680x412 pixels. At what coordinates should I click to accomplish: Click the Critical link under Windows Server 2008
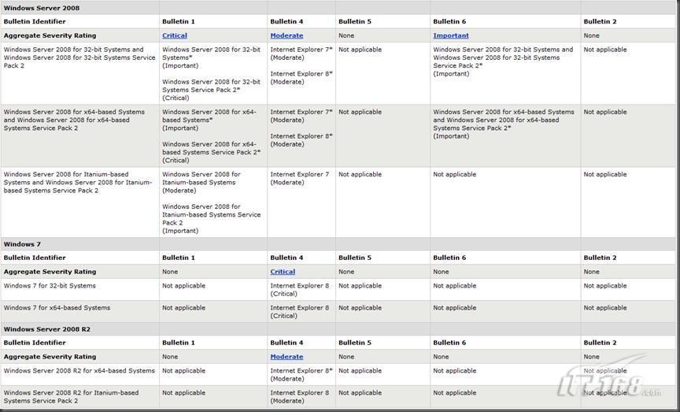click(x=175, y=35)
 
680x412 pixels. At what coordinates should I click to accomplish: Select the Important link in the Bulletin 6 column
click(x=450, y=35)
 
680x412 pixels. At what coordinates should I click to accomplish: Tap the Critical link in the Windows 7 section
click(x=283, y=272)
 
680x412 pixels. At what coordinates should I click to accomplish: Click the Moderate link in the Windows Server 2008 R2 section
click(x=286, y=357)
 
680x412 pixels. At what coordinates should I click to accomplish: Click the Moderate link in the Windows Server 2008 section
click(x=286, y=35)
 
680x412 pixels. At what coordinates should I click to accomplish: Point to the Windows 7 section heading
click(x=22, y=244)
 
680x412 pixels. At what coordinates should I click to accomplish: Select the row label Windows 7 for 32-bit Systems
click(x=50, y=286)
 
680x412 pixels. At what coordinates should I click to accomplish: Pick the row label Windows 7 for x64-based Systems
click(x=57, y=308)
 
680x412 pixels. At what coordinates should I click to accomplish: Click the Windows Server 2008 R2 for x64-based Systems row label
click(x=79, y=371)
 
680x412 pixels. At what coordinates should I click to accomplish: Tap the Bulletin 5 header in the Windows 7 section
click(x=354, y=258)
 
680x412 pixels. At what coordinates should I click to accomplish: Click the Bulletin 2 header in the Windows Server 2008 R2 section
click(x=600, y=343)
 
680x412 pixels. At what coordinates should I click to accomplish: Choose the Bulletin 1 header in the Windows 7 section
click(x=178, y=258)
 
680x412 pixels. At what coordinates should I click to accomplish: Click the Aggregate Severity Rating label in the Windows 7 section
click(x=50, y=272)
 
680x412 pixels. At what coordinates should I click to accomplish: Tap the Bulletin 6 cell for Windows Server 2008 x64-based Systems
click(x=504, y=124)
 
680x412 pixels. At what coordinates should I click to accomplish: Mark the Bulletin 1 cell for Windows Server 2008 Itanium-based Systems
click(x=211, y=202)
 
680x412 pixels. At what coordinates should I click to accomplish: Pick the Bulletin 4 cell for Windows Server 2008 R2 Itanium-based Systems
click(x=299, y=396)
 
